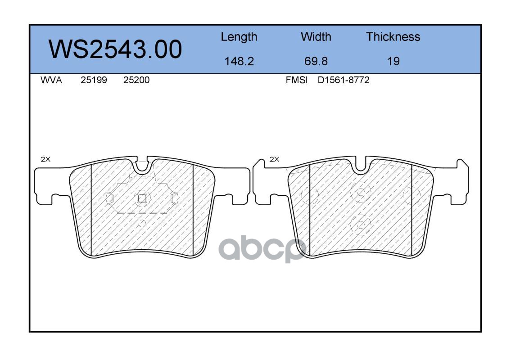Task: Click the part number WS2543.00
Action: pos(115,49)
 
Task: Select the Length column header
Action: pos(239,37)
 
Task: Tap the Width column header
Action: pos(316,37)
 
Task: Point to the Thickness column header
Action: pos(393,37)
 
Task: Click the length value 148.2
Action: pos(239,61)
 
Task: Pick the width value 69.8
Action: pos(316,61)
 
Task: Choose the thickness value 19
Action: pos(393,61)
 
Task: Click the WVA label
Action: pos(51,80)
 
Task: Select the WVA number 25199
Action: pos(94,80)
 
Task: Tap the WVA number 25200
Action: pos(136,80)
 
